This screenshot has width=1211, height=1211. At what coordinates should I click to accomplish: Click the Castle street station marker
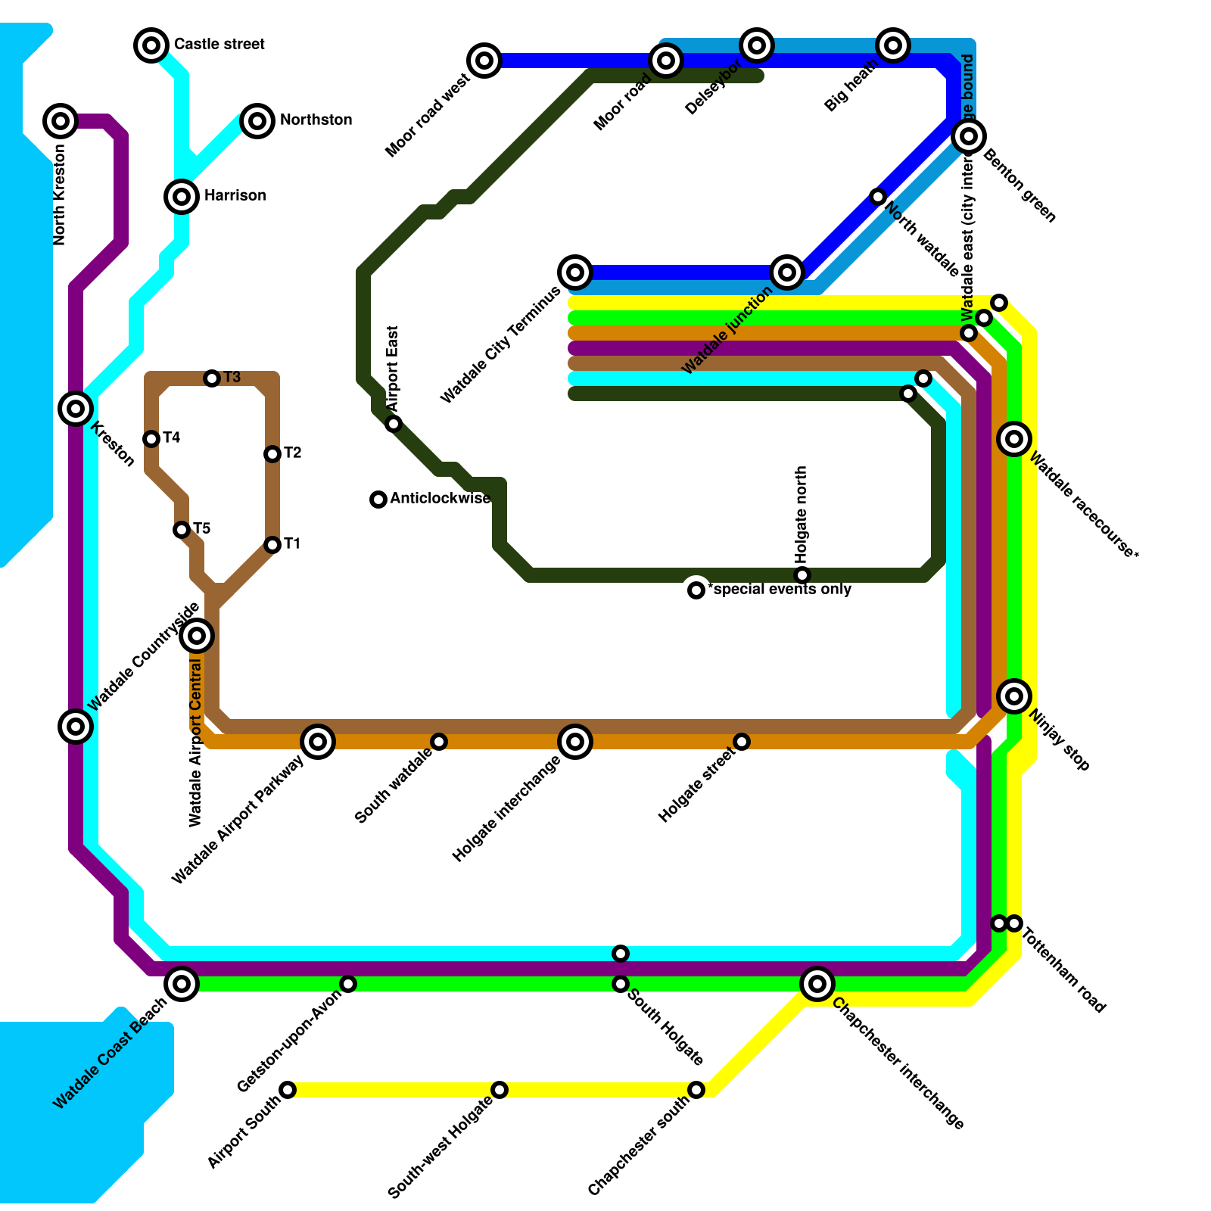(x=151, y=45)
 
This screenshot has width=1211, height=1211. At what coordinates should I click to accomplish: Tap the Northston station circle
(x=257, y=120)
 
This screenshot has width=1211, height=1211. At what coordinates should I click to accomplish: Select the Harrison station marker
(x=182, y=197)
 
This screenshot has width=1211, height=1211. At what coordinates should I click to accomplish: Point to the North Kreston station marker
(x=61, y=120)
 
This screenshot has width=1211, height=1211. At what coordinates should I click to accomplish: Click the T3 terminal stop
(x=212, y=378)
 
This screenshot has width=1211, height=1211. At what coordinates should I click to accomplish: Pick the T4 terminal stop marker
(x=151, y=439)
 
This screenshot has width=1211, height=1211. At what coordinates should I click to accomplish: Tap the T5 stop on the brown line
(x=182, y=530)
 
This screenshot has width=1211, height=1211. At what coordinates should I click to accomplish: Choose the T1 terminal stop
(x=272, y=545)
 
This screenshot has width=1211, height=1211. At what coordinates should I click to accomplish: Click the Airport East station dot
(x=394, y=424)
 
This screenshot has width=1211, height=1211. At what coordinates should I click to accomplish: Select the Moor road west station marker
(x=484, y=60)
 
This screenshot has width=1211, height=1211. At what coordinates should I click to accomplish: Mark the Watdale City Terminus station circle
(x=575, y=272)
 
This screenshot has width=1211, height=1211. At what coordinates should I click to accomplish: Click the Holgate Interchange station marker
(x=575, y=742)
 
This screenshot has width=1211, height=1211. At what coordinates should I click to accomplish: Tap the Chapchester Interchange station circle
(x=817, y=984)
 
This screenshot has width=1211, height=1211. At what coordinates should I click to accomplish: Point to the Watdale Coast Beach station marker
(x=182, y=984)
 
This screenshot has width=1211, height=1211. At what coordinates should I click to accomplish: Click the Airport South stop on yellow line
(x=288, y=1090)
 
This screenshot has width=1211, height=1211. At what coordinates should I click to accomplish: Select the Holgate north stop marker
(x=802, y=575)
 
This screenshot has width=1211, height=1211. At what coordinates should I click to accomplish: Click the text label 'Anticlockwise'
(x=441, y=499)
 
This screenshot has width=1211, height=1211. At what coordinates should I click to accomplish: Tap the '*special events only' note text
(x=782, y=590)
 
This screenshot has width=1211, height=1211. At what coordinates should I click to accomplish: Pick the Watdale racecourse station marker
(x=1014, y=438)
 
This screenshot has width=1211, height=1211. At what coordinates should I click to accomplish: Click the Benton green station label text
(x=1020, y=186)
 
